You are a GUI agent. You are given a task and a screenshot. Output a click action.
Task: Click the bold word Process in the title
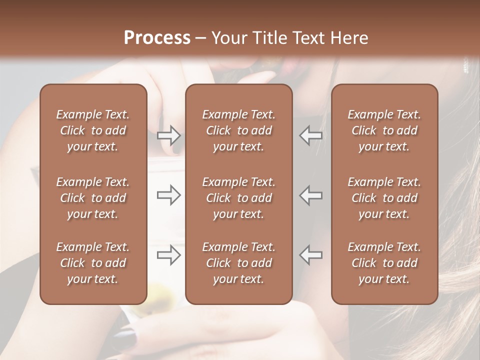[157, 38]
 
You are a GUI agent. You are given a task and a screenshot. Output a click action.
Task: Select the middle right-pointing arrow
[168, 195]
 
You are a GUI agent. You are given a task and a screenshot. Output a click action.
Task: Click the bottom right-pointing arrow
[168, 255]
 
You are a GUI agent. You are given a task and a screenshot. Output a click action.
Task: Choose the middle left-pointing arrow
[310, 195]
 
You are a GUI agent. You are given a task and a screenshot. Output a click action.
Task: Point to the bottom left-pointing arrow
[310, 255]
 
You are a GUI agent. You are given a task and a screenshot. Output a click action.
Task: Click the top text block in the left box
[93, 130]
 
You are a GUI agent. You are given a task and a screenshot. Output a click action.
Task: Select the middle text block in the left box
[93, 198]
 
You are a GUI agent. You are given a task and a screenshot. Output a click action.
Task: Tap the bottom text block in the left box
[93, 263]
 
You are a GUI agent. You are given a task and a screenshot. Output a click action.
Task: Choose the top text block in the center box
[238, 130]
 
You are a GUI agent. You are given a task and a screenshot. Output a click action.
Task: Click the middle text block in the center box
[238, 198]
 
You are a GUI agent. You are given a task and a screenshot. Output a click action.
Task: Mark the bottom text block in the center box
[238, 263]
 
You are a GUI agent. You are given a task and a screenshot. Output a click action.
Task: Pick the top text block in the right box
[384, 130]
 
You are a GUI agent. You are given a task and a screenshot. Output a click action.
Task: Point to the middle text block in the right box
[384, 198]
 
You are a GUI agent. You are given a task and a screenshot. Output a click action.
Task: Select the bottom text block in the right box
[384, 263]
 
